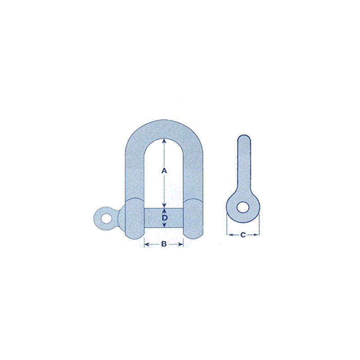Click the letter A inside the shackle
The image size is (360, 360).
click(164, 171)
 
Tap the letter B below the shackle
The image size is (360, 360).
click(164, 244)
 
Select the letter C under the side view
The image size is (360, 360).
click(243, 234)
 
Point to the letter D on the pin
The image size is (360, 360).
click(165, 218)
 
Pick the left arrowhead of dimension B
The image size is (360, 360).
click(146, 244)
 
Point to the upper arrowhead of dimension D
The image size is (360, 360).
click(164, 209)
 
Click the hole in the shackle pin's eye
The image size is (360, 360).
click(107, 218)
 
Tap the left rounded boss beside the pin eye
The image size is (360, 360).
click(131, 218)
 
